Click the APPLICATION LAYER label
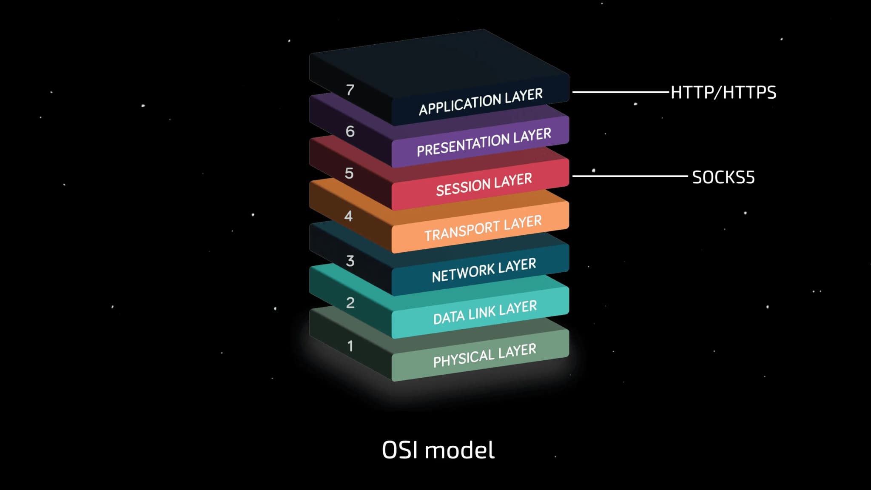pyautogui.click(x=481, y=102)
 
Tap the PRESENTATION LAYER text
pyautogui.click(x=484, y=142)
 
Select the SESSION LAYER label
pyautogui.click(x=484, y=185)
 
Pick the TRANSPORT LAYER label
pyautogui.click(x=483, y=228)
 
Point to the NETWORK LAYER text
pyautogui.click(x=484, y=270)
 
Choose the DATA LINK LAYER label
pyautogui.click(x=484, y=313)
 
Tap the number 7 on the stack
pyautogui.click(x=350, y=90)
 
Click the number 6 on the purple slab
pyautogui.click(x=350, y=131)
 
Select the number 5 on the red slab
pyautogui.click(x=349, y=174)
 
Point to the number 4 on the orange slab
pyautogui.click(x=348, y=216)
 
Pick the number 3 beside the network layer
pyautogui.click(x=350, y=261)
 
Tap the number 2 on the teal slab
pyautogui.click(x=350, y=303)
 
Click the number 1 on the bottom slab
pyautogui.click(x=350, y=346)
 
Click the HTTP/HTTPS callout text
pyautogui.click(x=723, y=92)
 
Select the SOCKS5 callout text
pyautogui.click(x=723, y=177)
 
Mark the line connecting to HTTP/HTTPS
pyautogui.click(x=621, y=91)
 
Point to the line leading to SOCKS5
pyautogui.click(x=629, y=176)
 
